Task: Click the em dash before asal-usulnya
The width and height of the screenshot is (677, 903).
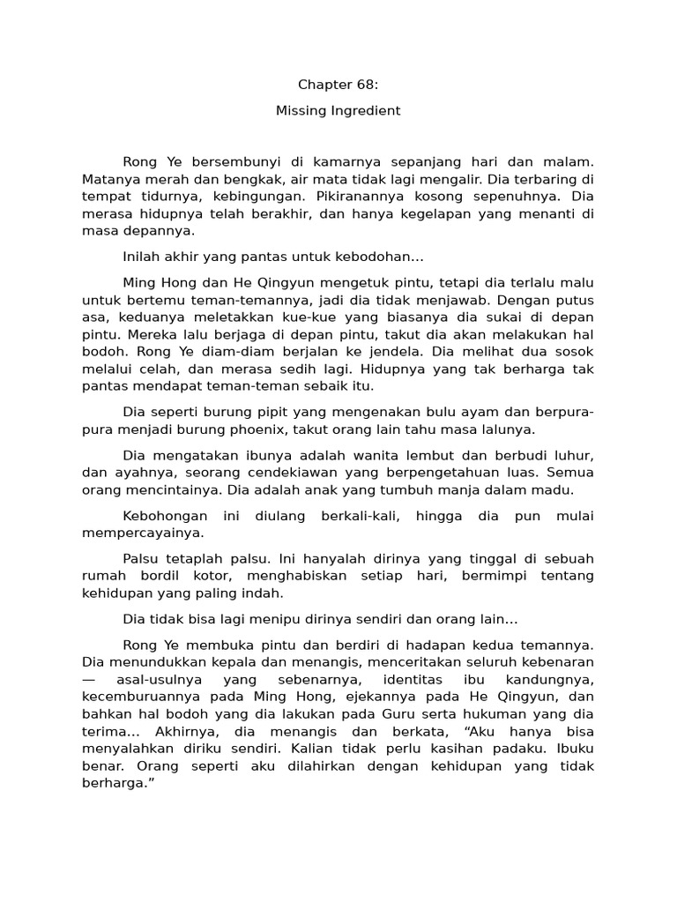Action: pos(89,678)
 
